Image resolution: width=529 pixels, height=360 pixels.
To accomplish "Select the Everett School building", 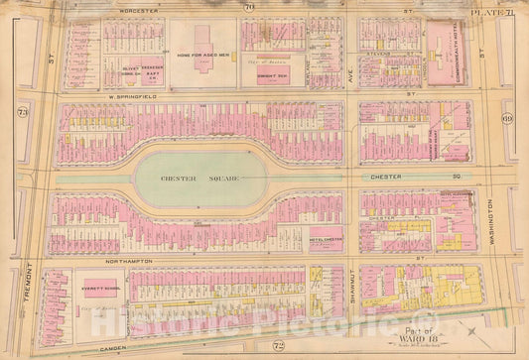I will [97, 284].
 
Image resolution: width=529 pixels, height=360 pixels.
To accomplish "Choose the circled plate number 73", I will [22, 112].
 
